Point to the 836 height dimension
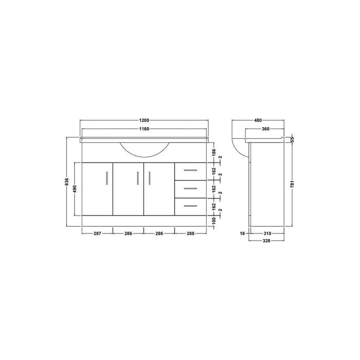click(x=67, y=182)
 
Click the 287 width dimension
click(x=97, y=233)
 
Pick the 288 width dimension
click(x=190, y=233)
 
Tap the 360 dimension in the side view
click(x=266, y=130)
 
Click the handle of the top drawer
click(x=190, y=170)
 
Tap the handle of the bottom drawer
click(x=190, y=206)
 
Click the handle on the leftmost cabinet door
click(x=107, y=177)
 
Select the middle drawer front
click(x=190, y=188)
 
